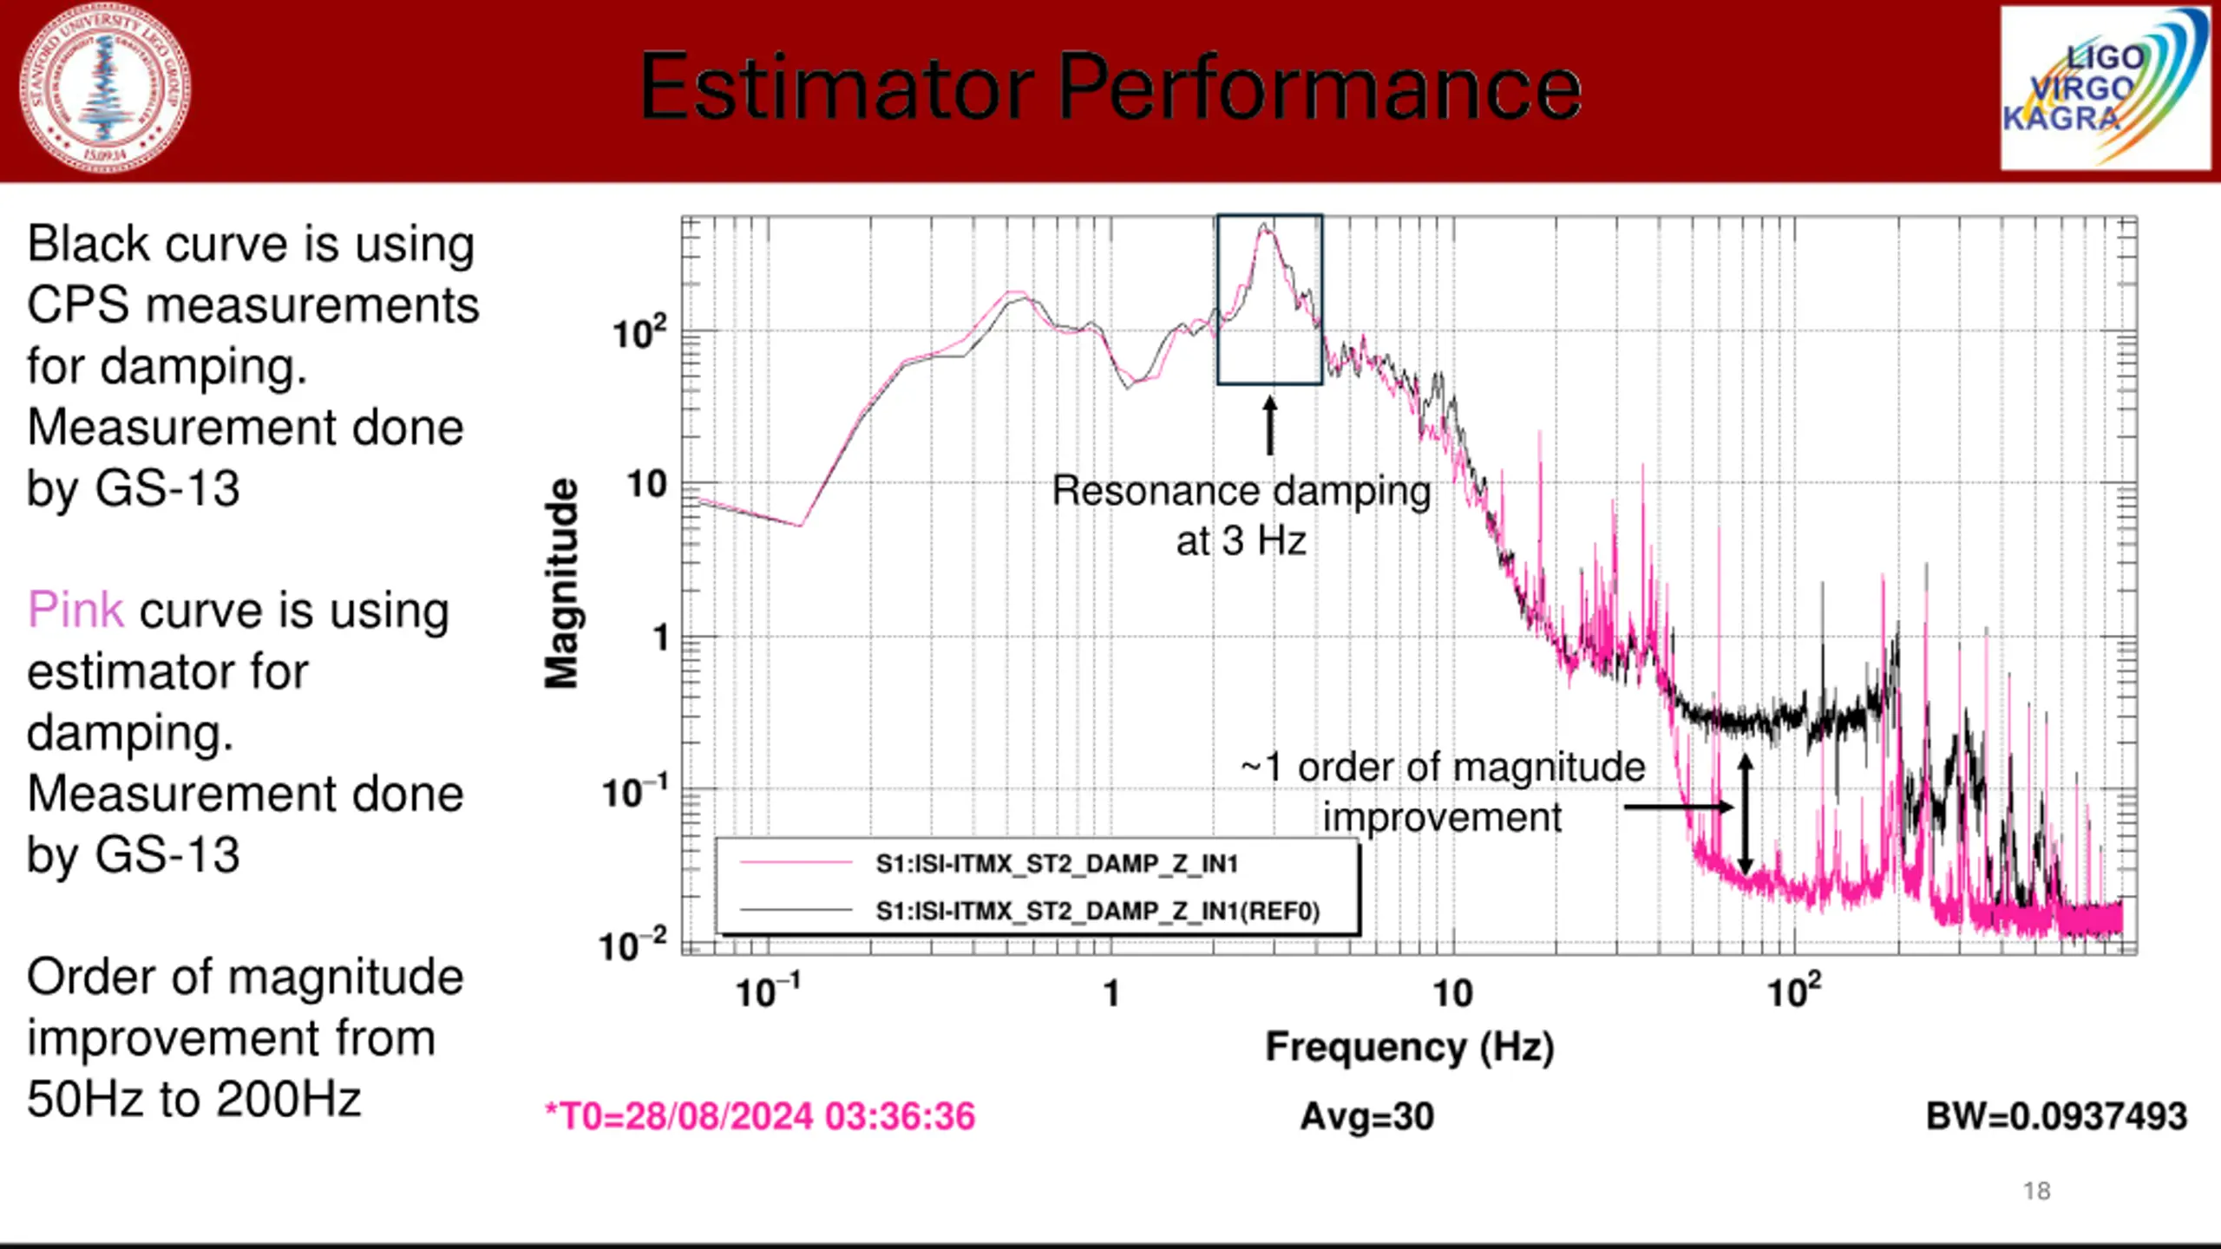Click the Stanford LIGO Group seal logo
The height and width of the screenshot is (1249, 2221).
pos(106,88)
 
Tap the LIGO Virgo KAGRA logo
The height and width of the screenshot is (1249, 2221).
pos(2105,88)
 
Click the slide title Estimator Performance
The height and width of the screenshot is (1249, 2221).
pos(1110,88)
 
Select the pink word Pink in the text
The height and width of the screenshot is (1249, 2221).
pos(75,610)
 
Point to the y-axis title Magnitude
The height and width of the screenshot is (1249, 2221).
pos(561,583)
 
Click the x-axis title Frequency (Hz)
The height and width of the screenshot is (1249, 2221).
pos(1409,1046)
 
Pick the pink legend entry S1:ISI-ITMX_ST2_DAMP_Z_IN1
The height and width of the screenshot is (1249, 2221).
pos(1056,864)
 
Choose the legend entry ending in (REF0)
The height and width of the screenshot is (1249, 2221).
pos(1097,911)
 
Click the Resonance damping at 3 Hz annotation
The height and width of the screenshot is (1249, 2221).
pos(1241,515)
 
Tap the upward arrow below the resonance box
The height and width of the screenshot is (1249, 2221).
pos(1270,425)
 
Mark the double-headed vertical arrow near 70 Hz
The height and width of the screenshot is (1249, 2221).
pos(1746,814)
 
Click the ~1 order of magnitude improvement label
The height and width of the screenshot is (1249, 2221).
pos(1442,791)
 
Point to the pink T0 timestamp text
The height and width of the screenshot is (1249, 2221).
pos(760,1116)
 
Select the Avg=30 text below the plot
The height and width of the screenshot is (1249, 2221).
pos(1366,1116)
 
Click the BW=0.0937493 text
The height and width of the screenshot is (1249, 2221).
pos(2056,1116)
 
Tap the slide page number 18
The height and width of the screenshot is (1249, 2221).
pos(2036,1191)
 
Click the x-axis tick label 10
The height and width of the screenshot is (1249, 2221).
pos(1452,994)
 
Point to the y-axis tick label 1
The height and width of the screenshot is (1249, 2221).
pos(661,638)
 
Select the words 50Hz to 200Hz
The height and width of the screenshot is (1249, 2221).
pos(193,1099)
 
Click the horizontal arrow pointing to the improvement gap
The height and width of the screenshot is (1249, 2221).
pos(1678,808)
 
